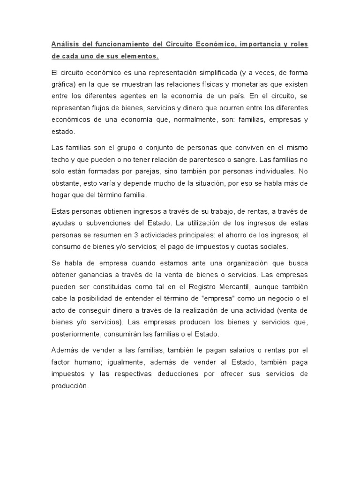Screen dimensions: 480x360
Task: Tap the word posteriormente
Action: tap(74, 334)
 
